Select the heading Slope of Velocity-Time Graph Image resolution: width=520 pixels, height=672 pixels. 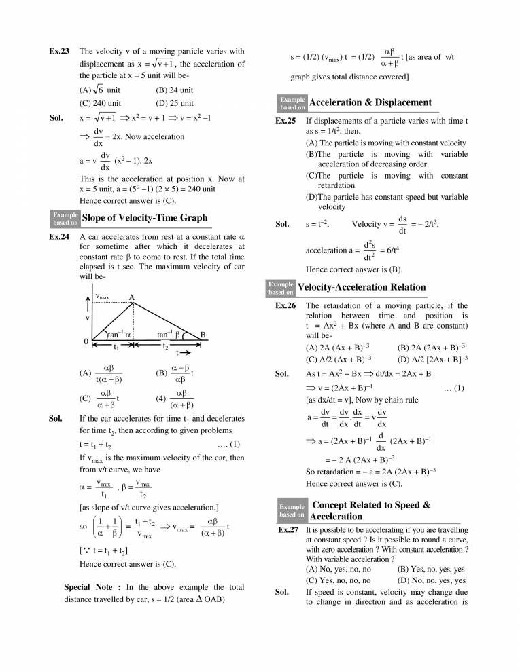tap(144, 217)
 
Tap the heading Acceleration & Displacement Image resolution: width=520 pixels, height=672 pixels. tap(370, 102)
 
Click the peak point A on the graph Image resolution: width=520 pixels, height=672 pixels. tap(132, 297)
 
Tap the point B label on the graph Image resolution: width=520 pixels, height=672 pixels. tap(203, 334)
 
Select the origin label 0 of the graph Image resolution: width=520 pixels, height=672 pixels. tap(85, 341)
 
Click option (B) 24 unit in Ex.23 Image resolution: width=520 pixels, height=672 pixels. tap(175, 90)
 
